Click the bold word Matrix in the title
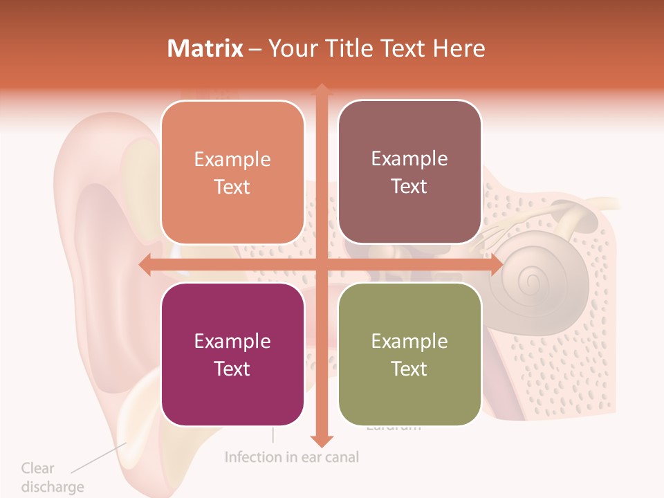[205, 48]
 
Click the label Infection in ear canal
[292, 457]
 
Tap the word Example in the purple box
[232, 341]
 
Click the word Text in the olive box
[409, 369]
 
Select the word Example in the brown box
[409, 158]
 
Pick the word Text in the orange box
[232, 187]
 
